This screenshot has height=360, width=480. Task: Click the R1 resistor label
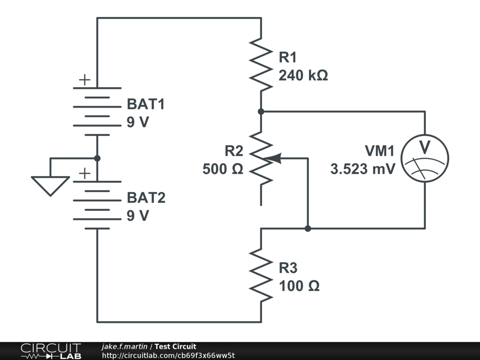[x=288, y=58]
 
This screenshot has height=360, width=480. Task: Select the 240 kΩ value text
[x=303, y=75]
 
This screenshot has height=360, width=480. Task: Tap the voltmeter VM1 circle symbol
[x=425, y=158]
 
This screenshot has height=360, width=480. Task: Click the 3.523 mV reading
[x=363, y=169]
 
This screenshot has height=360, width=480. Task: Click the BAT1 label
[x=146, y=104]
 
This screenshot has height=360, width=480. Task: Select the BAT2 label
[x=146, y=198]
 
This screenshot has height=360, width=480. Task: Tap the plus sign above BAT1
[x=84, y=80]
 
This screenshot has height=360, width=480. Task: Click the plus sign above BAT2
[x=84, y=174]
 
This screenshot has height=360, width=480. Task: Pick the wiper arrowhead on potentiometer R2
[x=275, y=158]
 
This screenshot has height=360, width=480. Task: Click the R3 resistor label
[x=288, y=268]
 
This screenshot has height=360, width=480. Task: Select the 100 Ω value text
[x=300, y=285]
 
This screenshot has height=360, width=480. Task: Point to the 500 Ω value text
[x=223, y=169]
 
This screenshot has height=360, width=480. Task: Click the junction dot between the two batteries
[x=97, y=158]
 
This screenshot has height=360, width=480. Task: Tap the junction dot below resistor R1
[x=261, y=112]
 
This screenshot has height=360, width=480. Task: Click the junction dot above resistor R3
[x=307, y=229]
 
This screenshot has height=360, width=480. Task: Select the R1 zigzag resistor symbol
[x=261, y=65]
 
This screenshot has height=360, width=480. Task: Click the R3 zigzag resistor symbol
[x=261, y=275]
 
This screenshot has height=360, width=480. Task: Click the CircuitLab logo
[x=50, y=351]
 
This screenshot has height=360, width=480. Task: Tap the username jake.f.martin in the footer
[x=125, y=346]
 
